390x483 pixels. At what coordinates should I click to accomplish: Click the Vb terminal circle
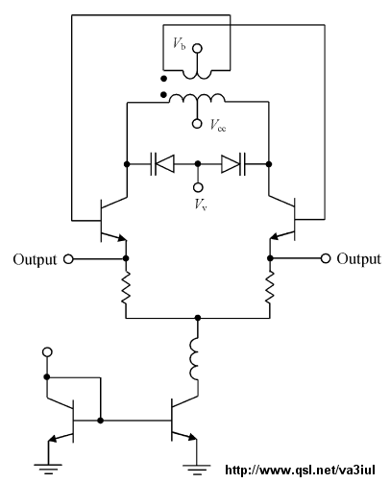click(197, 48)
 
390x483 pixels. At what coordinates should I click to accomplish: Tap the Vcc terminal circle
click(197, 124)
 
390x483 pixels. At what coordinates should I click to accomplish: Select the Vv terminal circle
click(198, 187)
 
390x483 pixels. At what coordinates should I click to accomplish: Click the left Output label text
click(35, 259)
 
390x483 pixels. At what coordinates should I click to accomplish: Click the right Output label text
click(359, 258)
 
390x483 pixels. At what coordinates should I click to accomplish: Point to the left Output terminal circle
click(68, 259)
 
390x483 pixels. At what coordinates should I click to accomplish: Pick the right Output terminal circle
click(326, 258)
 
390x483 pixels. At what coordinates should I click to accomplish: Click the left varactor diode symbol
click(162, 164)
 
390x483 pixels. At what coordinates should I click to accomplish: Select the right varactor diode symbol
click(233, 164)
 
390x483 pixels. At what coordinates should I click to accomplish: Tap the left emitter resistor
click(126, 288)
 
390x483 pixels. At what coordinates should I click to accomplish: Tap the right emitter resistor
click(270, 288)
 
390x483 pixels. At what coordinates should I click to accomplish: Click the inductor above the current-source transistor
click(194, 359)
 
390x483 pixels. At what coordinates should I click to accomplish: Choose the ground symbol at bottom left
click(48, 469)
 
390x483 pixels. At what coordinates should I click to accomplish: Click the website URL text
click(300, 471)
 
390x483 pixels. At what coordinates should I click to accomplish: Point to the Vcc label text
click(218, 125)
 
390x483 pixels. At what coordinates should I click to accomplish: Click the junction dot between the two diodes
click(198, 164)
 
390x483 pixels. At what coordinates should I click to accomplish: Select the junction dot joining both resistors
click(198, 318)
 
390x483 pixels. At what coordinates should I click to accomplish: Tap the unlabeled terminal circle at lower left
click(47, 352)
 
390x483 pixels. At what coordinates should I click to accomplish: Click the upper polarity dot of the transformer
click(163, 79)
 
